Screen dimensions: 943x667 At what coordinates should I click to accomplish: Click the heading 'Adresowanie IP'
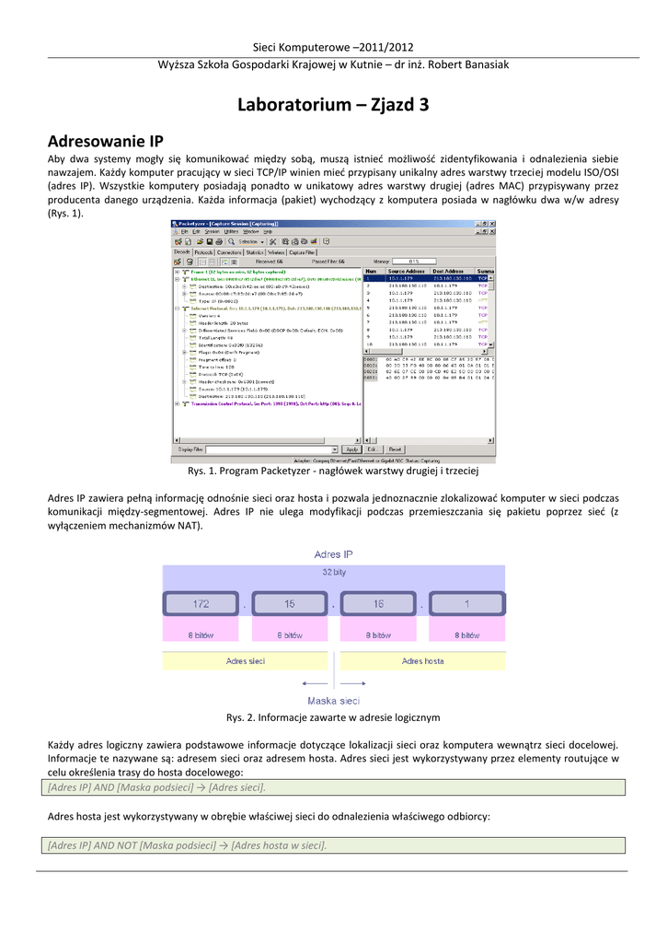pyautogui.click(x=105, y=141)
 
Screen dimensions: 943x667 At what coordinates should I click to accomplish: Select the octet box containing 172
pyautogui.click(x=201, y=604)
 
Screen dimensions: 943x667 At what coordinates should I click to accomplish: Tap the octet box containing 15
pyautogui.click(x=289, y=604)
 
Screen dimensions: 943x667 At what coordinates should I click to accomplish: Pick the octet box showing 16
pyautogui.click(x=377, y=604)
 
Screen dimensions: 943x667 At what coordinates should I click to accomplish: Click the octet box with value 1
pyautogui.click(x=466, y=604)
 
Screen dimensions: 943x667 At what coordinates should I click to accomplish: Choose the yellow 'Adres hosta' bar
pyautogui.click(x=423, y=660)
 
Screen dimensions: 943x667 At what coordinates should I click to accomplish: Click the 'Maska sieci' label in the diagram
pyautogui.click(x=333, y=699)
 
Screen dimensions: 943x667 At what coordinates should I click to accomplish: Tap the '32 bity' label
pyautogui.click(x=333, y=571)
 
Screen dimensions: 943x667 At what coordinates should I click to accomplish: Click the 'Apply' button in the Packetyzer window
pyautogui.click(x=351, y=449)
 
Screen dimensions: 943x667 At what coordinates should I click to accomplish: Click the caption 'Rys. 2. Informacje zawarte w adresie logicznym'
pyautogui.click(x=333, y=717)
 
